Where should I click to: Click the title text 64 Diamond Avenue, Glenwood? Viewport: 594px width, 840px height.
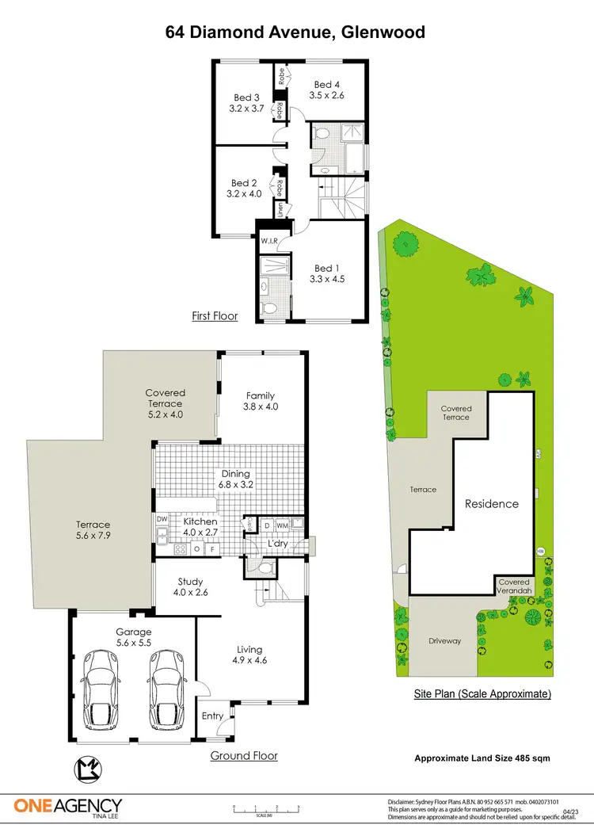[295, 32]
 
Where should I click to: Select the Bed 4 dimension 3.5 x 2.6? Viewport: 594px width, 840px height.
[327, 95]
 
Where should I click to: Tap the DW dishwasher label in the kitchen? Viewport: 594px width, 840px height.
[162, 520]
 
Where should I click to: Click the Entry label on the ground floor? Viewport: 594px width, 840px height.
[212, 716]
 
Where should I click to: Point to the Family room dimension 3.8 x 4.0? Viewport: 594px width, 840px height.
[261, 407]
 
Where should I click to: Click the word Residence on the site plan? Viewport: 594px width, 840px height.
[491, 503]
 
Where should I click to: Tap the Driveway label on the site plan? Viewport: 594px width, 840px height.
[444, 641]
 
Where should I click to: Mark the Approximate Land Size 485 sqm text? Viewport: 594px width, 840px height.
[482, 758]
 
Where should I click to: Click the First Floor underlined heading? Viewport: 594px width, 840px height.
[215, 316]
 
